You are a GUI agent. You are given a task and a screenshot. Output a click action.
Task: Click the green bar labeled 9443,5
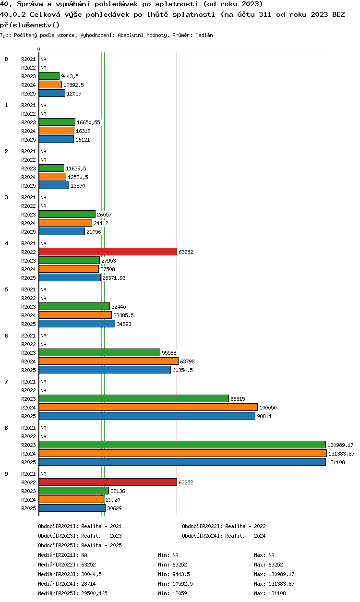coord(49,76)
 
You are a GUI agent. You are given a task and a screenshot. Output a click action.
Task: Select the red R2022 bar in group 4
coord(108,252)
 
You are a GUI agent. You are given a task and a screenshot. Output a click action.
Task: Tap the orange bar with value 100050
coord(148,408)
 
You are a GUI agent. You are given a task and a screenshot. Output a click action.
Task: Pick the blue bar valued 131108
coord(182,462)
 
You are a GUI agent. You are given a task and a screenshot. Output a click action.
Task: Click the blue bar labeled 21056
coord(62,232)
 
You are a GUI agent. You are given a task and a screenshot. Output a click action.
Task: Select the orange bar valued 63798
coord(109,361)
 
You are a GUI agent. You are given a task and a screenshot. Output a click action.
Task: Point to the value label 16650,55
coord(88,122)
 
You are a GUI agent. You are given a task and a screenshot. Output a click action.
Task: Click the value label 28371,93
coord(114,278)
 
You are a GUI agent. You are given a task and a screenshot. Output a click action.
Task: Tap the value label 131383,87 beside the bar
coord(341,454)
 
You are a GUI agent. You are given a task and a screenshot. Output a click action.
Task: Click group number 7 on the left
coord(6,382)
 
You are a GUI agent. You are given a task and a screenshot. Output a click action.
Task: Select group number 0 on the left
coord(6,59)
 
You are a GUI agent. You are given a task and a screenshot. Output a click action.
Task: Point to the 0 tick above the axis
coord(39,49)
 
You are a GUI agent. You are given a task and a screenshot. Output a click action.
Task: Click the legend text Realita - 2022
coord(245,526)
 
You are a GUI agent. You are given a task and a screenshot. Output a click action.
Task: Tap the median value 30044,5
coord(91,574)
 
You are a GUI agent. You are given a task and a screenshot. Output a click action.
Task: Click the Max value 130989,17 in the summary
coord(281,574)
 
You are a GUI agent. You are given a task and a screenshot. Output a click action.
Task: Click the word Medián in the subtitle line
coord(204,35)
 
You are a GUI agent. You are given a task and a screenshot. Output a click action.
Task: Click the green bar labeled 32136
coord(74,491)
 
